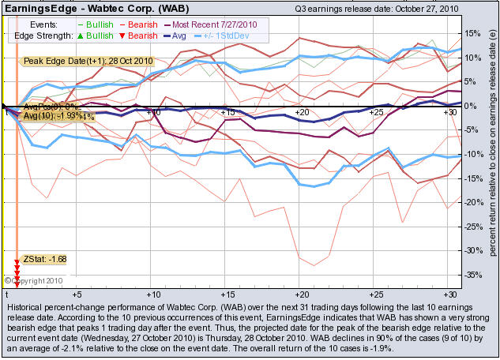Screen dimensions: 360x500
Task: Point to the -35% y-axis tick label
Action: (472, 276)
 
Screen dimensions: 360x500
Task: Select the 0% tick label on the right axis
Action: (472, 106)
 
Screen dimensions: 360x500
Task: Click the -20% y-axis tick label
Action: (472, 203)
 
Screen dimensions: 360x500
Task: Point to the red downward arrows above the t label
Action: (17, 276)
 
